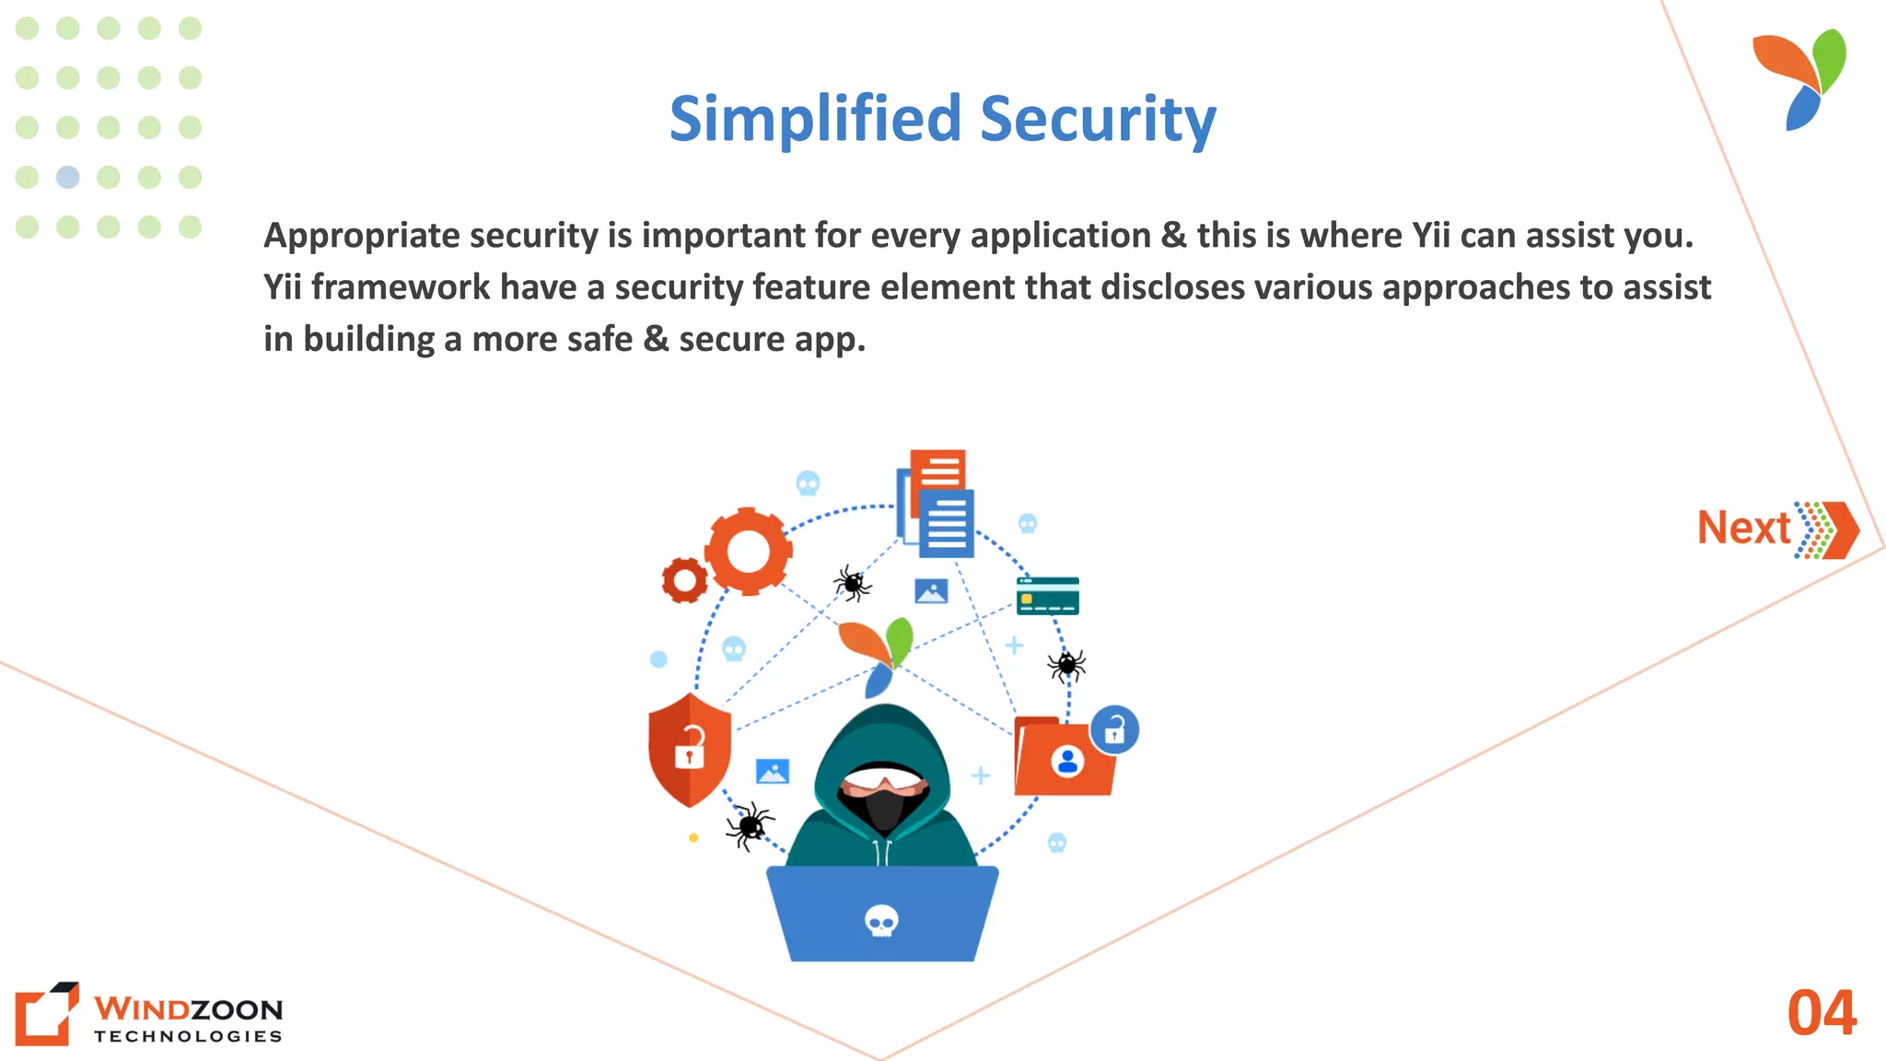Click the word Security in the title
coord(1098,120)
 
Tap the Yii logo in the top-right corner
coord(1801,79)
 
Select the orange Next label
coord(1743,529)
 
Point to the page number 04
coord(1822,1013)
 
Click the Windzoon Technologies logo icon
coord(46,1013)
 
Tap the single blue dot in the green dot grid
coord(68,177)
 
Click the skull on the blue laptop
coord(881,920)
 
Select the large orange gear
coord(748,551)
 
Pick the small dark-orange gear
coord(684,580)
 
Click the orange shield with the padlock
coord(689,749)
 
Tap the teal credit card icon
coord(1047,595)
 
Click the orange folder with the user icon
coord(1063,758)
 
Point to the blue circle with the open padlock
coord(1114,730)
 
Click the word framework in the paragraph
coord(401,287)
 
